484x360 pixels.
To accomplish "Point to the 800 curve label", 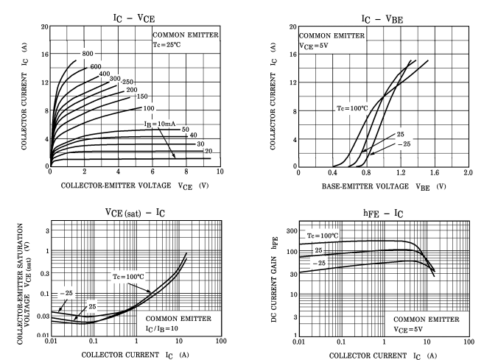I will coord(88,54).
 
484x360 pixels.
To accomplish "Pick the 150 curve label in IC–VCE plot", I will coord(142,96).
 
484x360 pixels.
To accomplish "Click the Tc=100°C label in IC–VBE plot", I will coord(352,109).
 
